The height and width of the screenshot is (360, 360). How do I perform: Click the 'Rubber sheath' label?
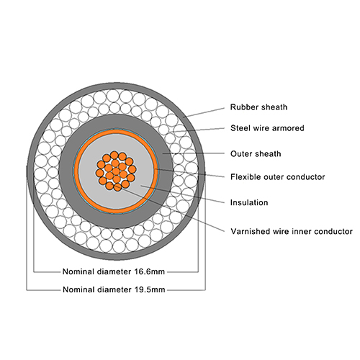click(x=258, y=107)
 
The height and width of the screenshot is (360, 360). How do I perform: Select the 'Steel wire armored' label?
click(x=267, y=128)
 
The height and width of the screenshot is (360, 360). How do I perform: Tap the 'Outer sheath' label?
click(x=256, y=153)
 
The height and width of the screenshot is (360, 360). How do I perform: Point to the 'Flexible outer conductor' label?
click(x=278, y=177)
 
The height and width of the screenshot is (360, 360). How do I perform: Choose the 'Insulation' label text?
click(x=249, y=202)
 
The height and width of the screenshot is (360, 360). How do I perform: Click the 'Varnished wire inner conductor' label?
click(x=292, y=231)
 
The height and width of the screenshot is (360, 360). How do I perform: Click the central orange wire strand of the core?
click(x=116, y=171)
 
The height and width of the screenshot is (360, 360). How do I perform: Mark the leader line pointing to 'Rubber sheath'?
click(x=204, y=112)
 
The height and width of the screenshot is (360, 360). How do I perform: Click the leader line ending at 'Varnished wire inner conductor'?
click(x=170, y=209)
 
